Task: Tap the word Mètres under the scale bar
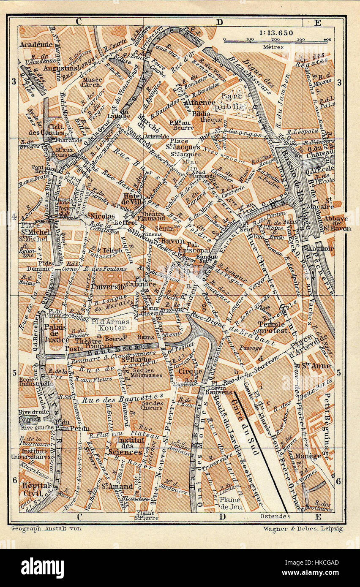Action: point(273,47)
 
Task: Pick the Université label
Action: point(109,286)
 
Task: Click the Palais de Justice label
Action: point(56,333)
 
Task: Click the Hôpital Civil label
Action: point(33,489)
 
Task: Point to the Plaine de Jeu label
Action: point(231,503)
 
